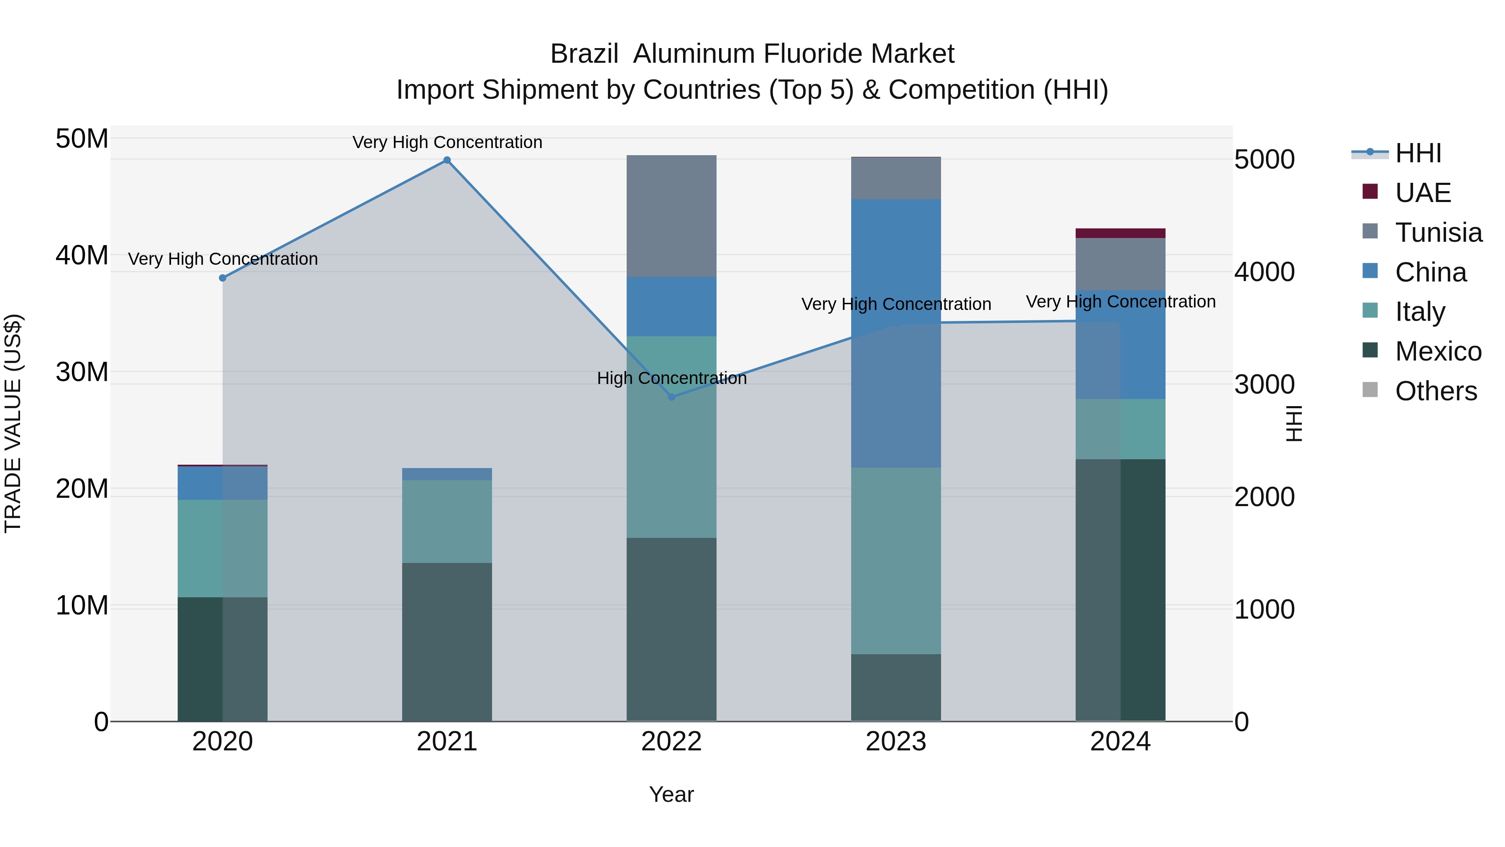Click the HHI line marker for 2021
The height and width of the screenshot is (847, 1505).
point(447,160)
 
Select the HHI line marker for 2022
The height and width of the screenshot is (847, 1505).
point(671,397)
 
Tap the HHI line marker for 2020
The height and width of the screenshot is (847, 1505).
point(222,278)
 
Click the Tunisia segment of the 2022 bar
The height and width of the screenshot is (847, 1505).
point(671,216)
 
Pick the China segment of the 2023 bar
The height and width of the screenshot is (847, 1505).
point(895,333)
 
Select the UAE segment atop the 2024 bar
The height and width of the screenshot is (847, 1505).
point(1120,233)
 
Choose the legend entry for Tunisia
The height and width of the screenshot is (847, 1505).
point(1438,233)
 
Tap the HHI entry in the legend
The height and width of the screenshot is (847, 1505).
point(1417,154)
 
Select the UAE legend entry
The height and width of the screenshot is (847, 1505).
point(1422,193)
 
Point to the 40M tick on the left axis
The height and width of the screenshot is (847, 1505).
point(82,256)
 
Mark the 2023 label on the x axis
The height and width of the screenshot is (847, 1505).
point(895,742)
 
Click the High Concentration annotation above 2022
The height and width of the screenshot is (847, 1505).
point(671,378)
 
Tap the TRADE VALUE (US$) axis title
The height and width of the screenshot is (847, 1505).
point(13,423)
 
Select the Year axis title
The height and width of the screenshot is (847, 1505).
point(671,794)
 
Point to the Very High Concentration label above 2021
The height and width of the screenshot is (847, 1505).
point(447,142)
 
